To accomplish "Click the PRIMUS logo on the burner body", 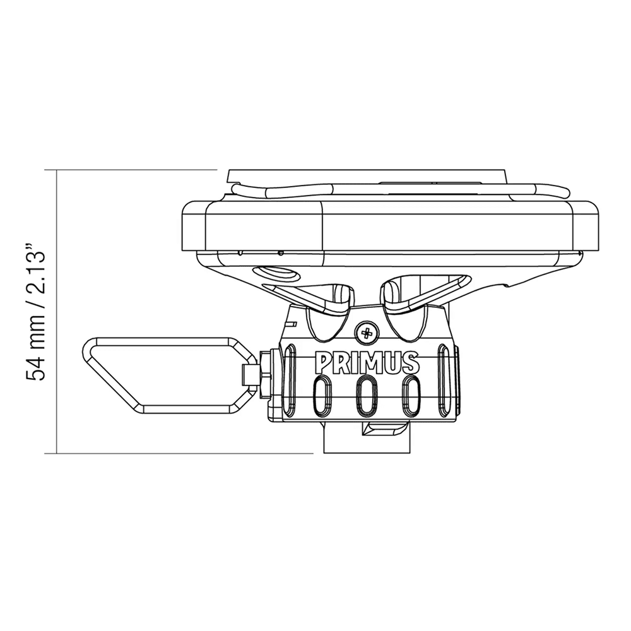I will [367, 363].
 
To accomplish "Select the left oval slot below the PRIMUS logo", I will [321, 398].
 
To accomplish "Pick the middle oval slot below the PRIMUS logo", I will [367, 398].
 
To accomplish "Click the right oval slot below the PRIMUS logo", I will [412, 398].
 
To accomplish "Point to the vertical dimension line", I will [57, 315].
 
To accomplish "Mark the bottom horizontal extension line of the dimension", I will [183, 453].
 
